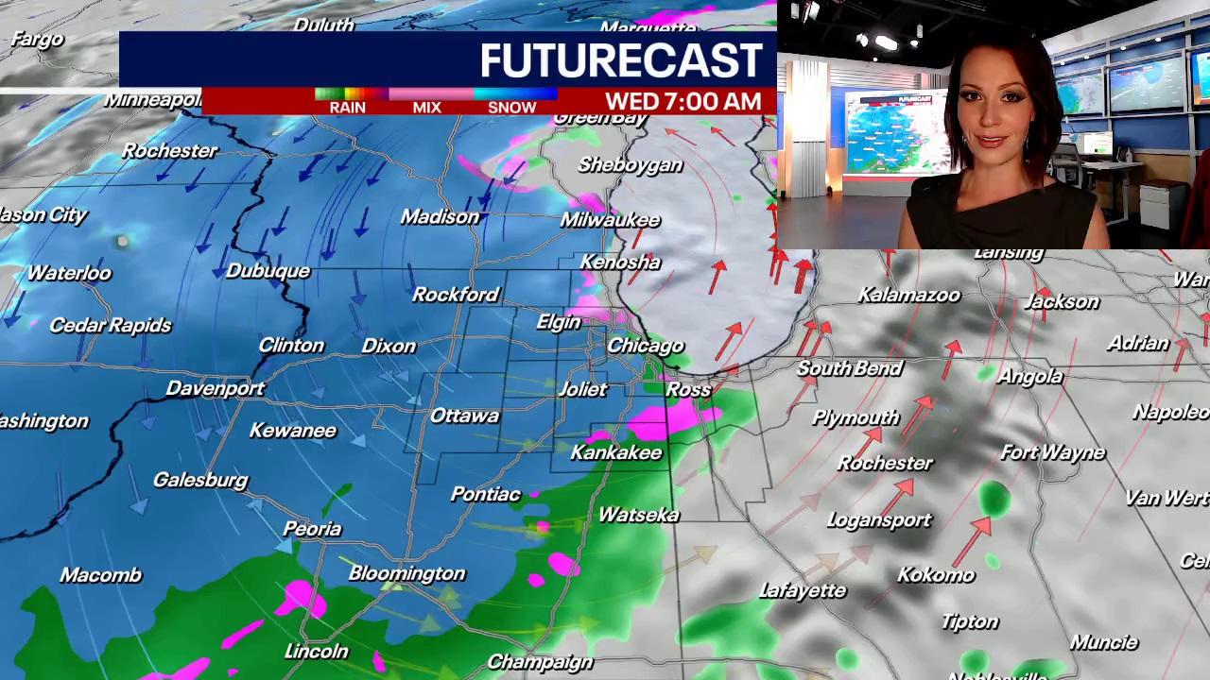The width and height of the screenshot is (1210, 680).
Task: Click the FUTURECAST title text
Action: [620, 60]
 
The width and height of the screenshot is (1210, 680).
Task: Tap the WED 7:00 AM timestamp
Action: [683, 101]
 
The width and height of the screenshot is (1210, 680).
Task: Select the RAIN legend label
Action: [347, 107]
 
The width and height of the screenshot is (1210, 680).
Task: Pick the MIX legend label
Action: [426, 107]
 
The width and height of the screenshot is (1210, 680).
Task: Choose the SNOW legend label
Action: [511, 107]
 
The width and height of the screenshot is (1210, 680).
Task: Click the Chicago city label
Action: [645, 346]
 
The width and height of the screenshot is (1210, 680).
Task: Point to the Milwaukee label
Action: [610, 220]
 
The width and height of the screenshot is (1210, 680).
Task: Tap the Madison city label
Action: [440, 217]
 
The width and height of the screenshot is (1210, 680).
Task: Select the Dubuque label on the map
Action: [268, 271]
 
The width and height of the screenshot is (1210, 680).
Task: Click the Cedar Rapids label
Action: [110, 325]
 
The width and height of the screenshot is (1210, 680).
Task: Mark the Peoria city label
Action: [312, 529]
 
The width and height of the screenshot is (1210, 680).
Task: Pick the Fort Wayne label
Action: [1052, 453]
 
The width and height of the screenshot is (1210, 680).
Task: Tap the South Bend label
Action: [849, 368]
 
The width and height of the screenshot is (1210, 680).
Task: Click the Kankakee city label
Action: [615, 453]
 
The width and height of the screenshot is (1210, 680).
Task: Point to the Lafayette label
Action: [803, 591]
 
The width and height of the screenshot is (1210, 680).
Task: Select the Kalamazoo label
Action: [908, 296]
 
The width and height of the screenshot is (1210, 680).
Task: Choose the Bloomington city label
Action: [406, 573]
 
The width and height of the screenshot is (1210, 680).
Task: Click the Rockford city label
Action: [455, 295]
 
